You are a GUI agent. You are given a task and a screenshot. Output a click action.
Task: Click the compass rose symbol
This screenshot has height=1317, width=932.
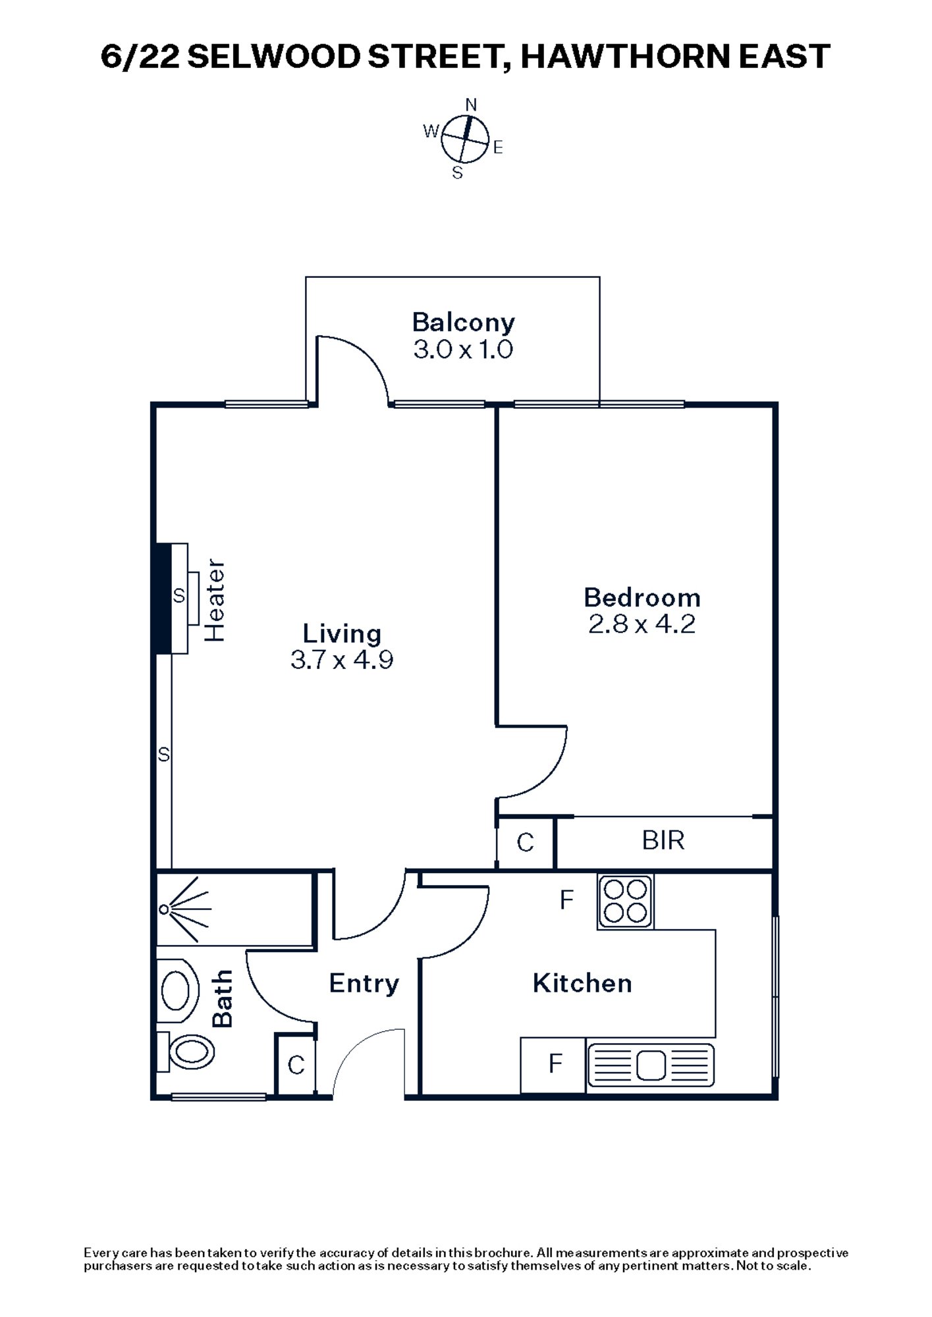[465, 139]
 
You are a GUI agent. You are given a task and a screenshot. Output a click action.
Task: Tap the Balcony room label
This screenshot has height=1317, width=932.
[463, 323]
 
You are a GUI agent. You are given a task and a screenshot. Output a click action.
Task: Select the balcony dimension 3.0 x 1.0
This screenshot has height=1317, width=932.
[463, 349]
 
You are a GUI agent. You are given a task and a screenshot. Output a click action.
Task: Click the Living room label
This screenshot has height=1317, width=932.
[342, 633]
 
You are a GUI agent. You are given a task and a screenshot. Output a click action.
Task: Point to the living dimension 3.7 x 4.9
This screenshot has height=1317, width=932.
[342, 660]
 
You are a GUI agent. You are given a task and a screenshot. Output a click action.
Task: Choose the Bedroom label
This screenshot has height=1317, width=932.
[642, 598]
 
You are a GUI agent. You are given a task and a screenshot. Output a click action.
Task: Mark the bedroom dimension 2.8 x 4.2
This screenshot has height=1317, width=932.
[642, 624]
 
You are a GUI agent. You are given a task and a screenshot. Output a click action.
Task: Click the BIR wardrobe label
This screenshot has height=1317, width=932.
[663, 841]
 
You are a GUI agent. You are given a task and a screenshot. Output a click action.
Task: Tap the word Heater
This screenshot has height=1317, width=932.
[215, 600]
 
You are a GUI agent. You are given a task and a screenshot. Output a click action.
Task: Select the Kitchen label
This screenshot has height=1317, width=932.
[582, 983]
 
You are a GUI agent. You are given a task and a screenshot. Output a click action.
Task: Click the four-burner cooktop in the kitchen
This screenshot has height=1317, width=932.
[625, 901]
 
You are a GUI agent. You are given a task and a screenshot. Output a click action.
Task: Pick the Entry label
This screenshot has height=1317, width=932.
[364, 984]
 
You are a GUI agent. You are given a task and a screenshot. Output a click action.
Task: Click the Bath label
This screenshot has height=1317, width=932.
[223, 998]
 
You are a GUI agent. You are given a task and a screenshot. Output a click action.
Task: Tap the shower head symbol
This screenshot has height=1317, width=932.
[165, 910]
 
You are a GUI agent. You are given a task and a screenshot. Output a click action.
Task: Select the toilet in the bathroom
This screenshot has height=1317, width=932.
[191, 1052]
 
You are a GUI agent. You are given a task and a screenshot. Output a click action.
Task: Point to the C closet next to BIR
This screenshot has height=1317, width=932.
[525, 842]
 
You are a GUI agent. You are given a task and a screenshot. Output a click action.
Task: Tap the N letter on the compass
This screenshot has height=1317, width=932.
[471, 105]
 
